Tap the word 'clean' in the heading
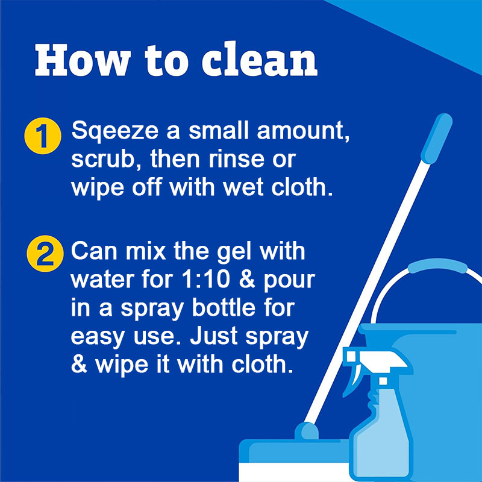coord(260,60)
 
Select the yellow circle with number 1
coord(43,136)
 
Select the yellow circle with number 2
coord(45,254)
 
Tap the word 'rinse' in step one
coord(236,159)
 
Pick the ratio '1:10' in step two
coord(206,280)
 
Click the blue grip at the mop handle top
coord(436,139)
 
